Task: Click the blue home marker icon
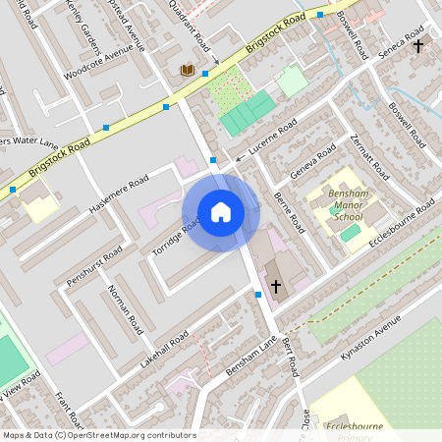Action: point(221,212)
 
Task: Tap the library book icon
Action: point(187,70)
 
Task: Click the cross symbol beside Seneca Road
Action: point(418,46)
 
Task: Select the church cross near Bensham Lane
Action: point(276,287)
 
